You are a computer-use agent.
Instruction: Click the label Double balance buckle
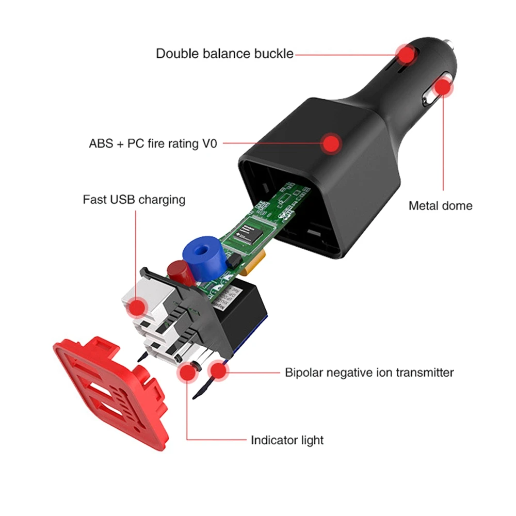tap(224, 54)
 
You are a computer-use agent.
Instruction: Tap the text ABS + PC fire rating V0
tap(153, 143)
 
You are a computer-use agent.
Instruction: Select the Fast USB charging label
tap(134, 199)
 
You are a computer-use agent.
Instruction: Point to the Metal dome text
tap(440, 205)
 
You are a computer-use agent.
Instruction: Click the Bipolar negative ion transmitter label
tap(369, 372)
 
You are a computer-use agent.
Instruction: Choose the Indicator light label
tap(287, 440)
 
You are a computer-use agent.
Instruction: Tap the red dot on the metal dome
tap(442, 87)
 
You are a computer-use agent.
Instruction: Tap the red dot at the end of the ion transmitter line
tap(218, 370)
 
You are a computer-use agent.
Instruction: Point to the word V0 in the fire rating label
tap(209, 143)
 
